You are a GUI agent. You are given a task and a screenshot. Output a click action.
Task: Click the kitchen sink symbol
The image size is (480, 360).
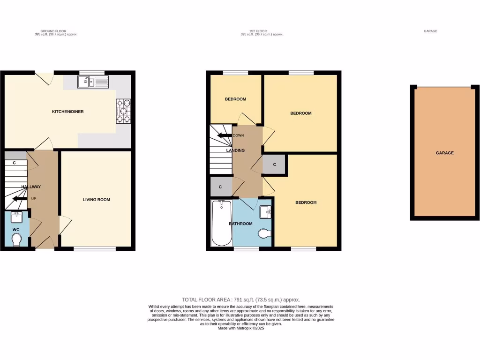tap(93, 82)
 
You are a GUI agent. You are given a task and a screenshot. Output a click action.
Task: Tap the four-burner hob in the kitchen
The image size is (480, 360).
tap(123, 111)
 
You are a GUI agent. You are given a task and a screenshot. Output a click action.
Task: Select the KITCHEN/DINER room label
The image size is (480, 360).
tap(67, 112)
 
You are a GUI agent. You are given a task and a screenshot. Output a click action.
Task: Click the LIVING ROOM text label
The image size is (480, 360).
tap(96, 200)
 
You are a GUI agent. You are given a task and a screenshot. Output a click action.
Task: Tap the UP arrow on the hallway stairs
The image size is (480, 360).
tap(20, 199)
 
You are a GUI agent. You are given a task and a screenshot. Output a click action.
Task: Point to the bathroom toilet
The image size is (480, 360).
tap(265, 232)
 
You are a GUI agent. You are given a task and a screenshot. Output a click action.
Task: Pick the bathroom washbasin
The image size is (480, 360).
tap(266, 212)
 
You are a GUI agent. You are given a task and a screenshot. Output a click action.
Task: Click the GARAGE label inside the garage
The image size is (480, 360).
tap(445, 153)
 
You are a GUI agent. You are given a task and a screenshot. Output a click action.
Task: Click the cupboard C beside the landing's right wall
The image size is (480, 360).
tap(274, 165)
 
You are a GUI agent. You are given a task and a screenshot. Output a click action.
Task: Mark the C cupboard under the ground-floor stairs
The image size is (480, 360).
tap(15, 163)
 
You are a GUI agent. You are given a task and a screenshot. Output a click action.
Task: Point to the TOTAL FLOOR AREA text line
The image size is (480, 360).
tap(241, 300)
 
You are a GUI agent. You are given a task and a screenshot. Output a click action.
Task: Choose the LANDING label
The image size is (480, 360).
tap(235, 150)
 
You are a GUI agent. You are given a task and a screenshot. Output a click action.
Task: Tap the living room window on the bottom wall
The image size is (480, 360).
tap(95, 248)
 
